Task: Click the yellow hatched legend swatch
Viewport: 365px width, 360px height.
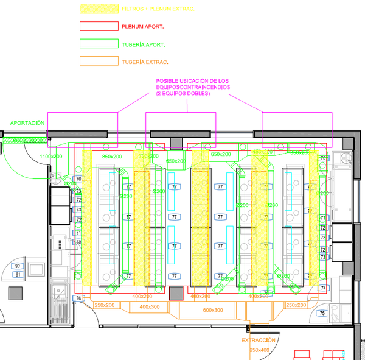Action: pyautogui.click(x=99, y=9)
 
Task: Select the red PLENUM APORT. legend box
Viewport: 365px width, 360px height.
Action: pyautogui.click(x=99, y=26)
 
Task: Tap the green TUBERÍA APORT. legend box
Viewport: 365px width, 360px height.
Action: pyautogui.click(x=99, y=44)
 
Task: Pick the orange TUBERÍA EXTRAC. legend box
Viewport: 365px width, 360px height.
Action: pyautogui.click(x=99, y=61)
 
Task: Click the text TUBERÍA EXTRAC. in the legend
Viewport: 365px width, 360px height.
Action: pyautogui.click(x=145, y=62)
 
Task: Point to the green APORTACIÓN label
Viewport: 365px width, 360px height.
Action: pyautogui.click(x=27, y=123)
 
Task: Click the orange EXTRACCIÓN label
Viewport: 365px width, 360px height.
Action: pyautogui.click(x=258, y=340)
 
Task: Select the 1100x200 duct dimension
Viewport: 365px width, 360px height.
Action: pyautogui.click(x=51, y=157)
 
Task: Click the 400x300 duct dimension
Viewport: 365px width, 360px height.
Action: pyautogui.click(x=149, y=307)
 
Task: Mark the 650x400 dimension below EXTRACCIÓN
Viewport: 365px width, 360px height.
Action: pyautogui.click(x=259, y=350)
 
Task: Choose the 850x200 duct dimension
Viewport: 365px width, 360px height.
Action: pyautogui.click(x=111, y=157)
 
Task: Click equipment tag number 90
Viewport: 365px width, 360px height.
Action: pyautogui.click(x=18, y=267)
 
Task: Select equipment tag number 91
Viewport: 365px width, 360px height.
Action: pyautogui.click(x=18, y=274)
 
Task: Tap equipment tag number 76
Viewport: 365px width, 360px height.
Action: pyautogui.click(x=78, y=298)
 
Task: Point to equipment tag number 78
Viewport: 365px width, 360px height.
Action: pyautogui.click(x=78, y=242)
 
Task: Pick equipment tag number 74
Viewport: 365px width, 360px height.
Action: pyautogui.click(x=323, y=288)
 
